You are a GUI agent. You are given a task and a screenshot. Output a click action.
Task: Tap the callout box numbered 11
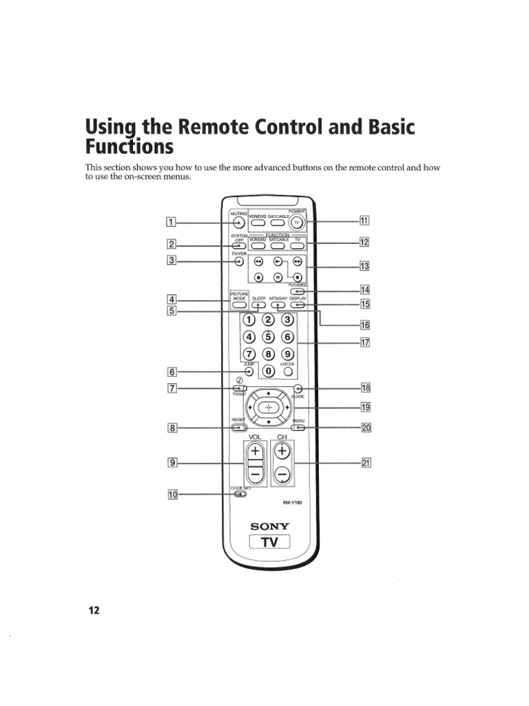pyautogui.click(x=364, y=221)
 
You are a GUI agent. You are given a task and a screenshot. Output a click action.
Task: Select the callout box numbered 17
pyautogui.click(x=365, y=342)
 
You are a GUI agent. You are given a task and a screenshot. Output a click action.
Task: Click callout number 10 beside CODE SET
pyautogui.click(x=172, y=494)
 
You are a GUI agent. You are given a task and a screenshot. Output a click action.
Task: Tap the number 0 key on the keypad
pyautogui.click(x=269, y=372)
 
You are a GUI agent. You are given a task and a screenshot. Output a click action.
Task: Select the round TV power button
pyautogui.click(x=297, y=223)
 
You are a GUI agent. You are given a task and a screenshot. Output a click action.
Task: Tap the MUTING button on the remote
pyautogui.click(x=238, y=223)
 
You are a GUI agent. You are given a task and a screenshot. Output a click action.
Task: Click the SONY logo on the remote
pyautogui.click(x=270, y=527)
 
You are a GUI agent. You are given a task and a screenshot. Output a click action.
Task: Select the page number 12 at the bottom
pyautogui.click(x=94, y=611)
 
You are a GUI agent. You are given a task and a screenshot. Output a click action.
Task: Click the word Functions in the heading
pyautogui.click(x=129, y=147)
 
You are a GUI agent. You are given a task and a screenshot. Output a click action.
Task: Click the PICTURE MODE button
pyautogui.click(x=239, y=304)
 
